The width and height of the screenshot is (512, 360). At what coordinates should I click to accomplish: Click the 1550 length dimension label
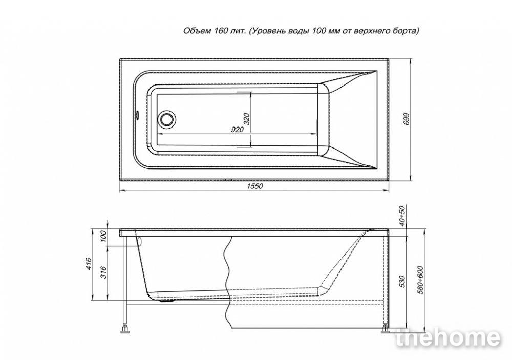254,186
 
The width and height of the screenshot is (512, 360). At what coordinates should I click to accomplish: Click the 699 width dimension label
406,119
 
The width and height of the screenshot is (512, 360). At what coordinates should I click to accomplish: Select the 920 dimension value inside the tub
238,130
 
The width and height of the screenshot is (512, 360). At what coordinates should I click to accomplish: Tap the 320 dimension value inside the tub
247,119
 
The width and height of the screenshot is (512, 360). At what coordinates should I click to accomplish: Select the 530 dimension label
402,281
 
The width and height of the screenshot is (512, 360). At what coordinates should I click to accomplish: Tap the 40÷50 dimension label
402,216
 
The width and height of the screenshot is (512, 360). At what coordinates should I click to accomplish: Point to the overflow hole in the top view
138,115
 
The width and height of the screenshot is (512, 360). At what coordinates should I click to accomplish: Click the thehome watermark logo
447,338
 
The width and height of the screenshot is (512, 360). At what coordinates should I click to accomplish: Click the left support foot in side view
124,328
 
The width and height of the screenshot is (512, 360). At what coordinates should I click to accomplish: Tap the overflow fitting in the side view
139,241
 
